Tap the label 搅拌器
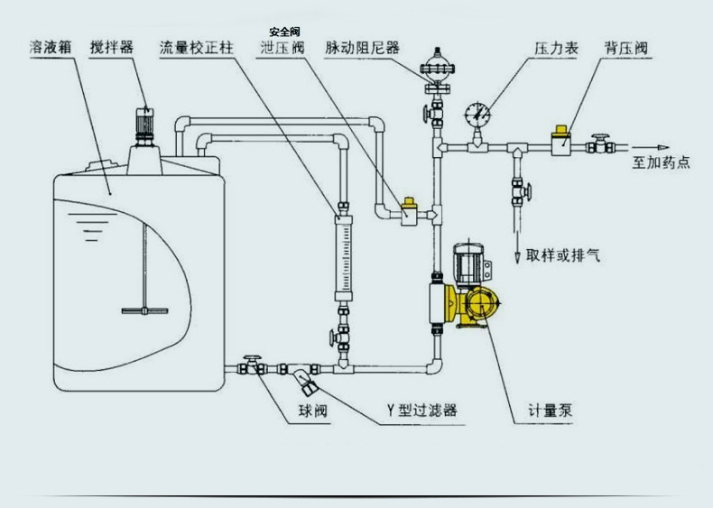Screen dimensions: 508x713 [113, 47]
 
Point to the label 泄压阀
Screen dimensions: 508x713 [281, 47]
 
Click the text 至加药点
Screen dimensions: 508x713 [661, 163]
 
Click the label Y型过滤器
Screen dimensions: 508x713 [421, 411]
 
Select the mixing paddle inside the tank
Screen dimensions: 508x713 [144, 309]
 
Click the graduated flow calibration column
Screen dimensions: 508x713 [344, 257]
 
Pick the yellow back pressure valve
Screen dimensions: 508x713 [561, 141]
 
